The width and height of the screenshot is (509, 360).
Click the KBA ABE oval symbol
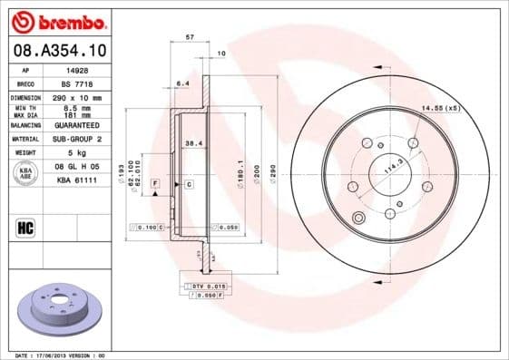pos(25,173)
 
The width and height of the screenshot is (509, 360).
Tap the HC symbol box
pos(25,227)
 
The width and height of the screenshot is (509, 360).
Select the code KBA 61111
pos(78,180)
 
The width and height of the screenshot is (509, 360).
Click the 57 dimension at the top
pos(190,37)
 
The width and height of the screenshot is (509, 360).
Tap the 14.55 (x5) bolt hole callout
pos(440,109)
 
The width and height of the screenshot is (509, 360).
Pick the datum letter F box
pos(156,184)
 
